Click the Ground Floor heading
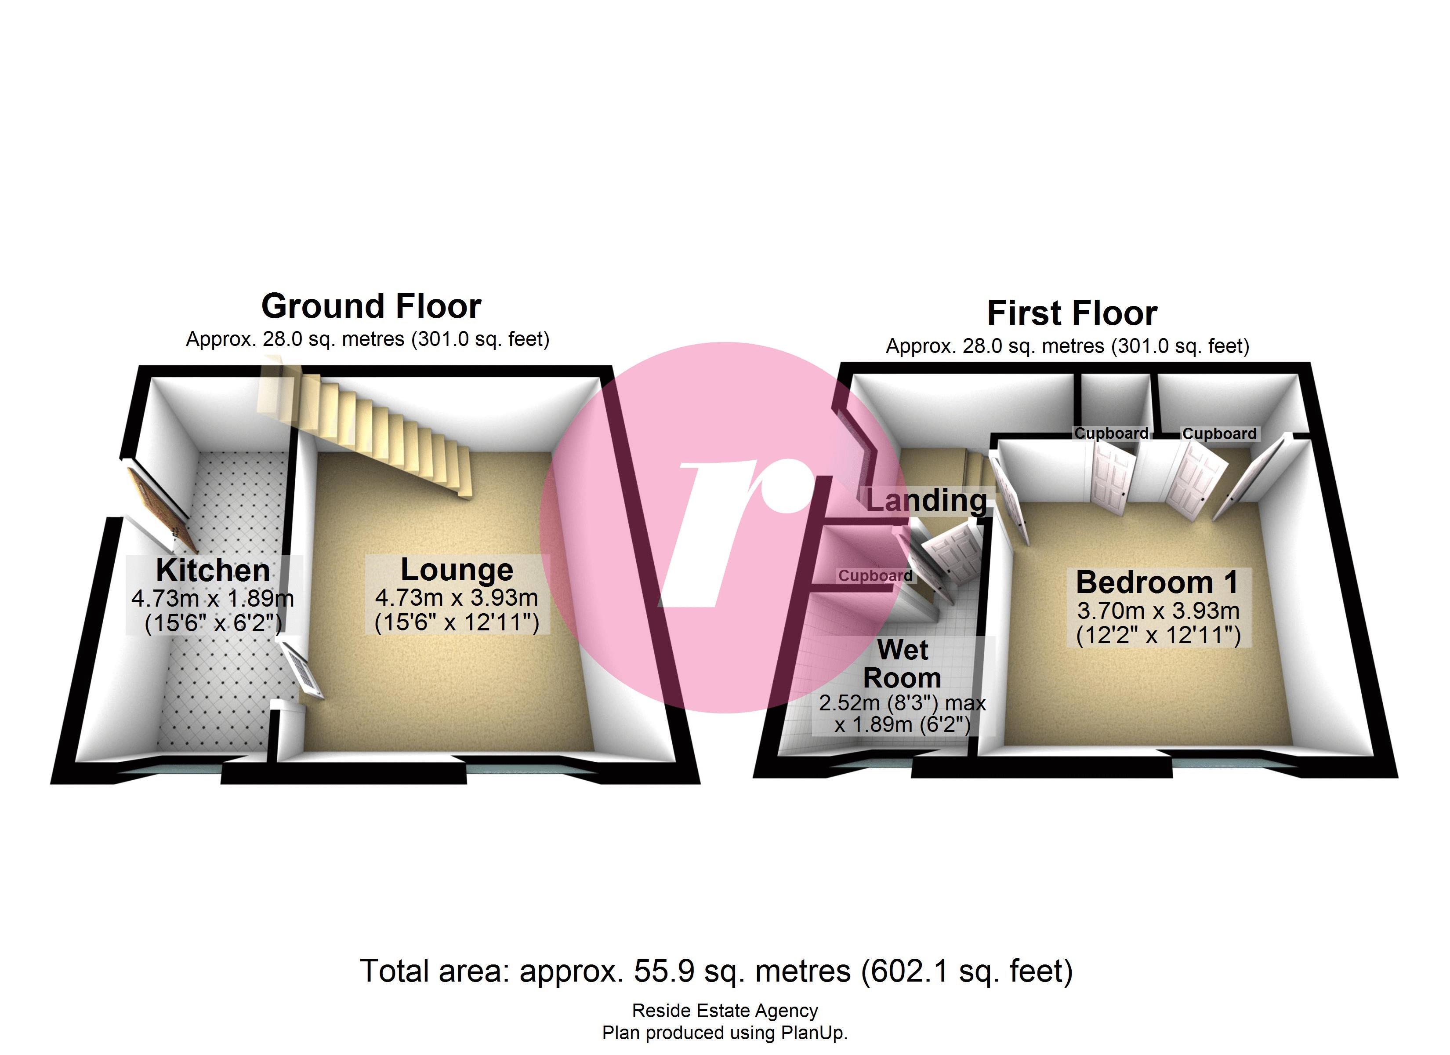371,306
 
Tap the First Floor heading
1072,313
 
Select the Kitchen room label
213,570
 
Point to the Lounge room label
457,569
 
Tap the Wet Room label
902,664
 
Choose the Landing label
926,500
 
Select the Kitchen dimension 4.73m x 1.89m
213,599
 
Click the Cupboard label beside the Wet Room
875,576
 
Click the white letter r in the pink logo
735,531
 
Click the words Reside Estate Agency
725,1011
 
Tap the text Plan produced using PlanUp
725,1033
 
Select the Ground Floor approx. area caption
368,339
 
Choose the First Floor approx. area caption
1067,346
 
